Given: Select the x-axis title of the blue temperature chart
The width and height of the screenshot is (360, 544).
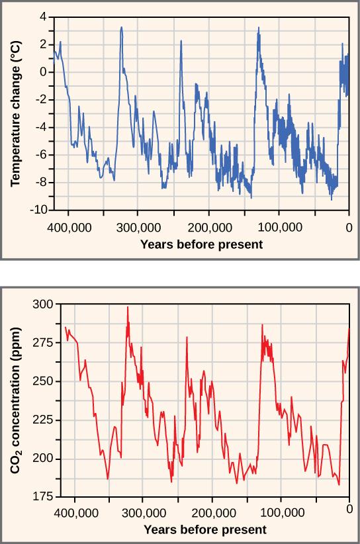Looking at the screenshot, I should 201,244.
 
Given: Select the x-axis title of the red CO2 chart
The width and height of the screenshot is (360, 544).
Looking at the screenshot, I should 205,529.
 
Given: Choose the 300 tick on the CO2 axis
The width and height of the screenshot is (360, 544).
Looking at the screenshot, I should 42,304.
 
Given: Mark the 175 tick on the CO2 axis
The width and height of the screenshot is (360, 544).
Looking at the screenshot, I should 42,497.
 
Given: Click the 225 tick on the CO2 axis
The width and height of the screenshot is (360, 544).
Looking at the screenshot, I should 42,420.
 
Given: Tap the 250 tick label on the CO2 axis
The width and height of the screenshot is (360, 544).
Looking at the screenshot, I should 42,382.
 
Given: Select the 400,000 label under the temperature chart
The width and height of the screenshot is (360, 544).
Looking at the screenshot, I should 68,226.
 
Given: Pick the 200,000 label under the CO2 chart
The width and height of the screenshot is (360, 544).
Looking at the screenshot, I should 213,513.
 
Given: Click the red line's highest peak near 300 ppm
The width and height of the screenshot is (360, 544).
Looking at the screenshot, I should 128,307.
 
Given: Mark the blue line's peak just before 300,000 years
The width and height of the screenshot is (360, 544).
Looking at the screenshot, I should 121,28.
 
